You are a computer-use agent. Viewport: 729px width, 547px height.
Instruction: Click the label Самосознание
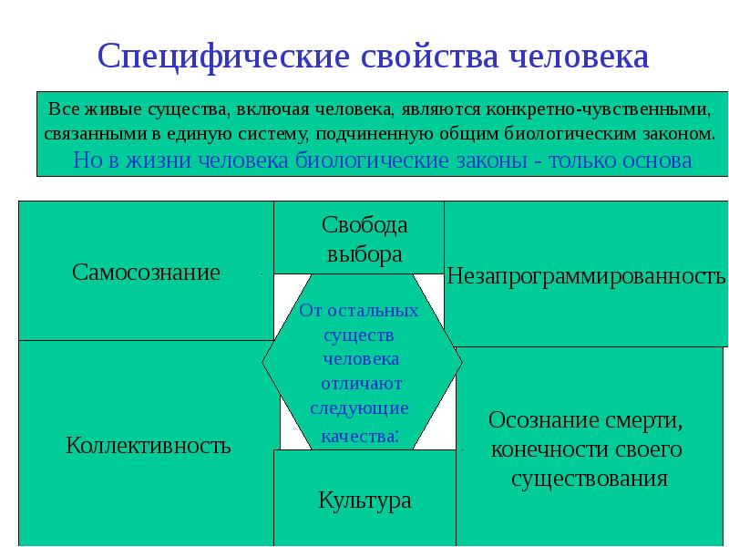147,272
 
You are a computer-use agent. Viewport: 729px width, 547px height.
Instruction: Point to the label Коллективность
149,446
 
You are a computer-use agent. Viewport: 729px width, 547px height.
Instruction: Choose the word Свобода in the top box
364,225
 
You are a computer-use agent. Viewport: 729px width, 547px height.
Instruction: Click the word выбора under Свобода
364,254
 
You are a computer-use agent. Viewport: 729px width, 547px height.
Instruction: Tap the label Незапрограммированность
586,275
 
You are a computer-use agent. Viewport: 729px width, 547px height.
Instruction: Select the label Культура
364,500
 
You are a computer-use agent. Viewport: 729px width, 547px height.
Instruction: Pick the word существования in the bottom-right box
589,479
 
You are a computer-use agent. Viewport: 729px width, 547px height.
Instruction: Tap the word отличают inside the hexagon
358,383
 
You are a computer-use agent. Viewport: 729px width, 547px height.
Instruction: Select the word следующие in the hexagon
359,408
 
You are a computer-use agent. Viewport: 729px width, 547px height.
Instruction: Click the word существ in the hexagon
358,335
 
